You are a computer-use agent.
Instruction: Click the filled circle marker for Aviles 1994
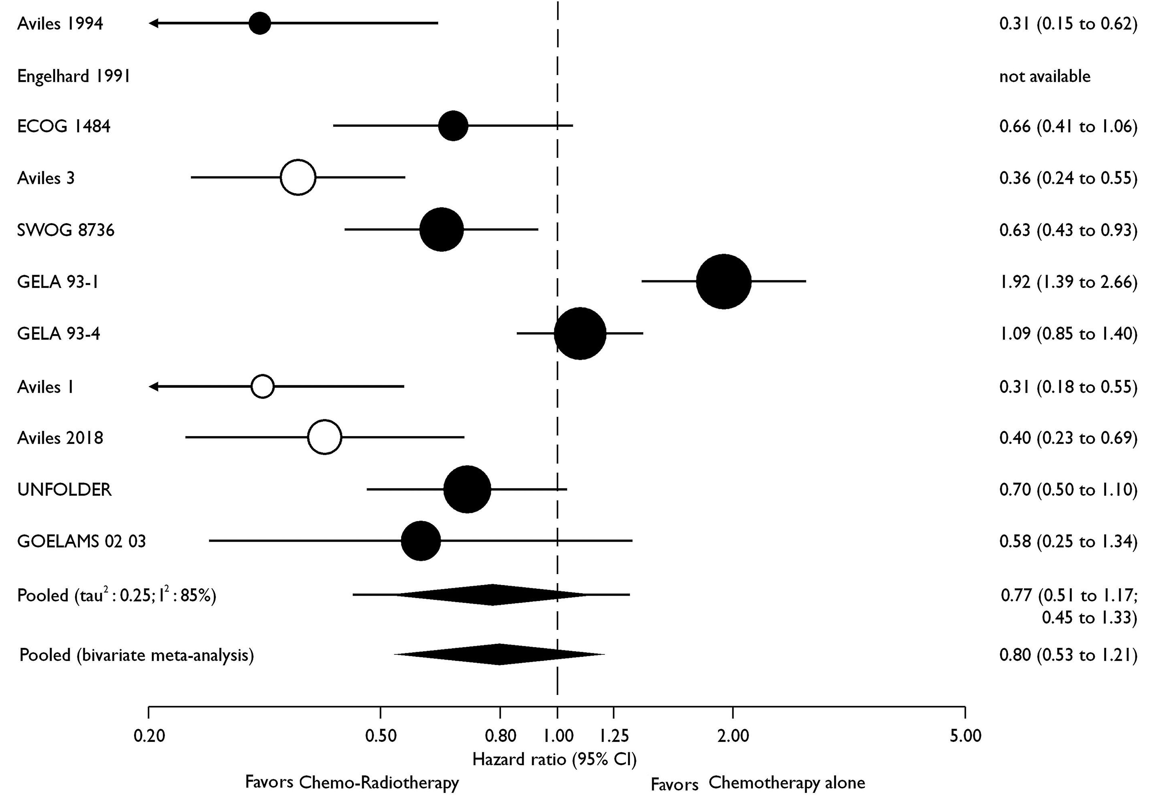[260, 23]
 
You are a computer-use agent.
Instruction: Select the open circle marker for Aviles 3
[298, 178]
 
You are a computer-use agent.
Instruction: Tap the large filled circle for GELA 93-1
[723, 281]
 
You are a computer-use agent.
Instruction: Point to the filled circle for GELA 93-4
[580, 333]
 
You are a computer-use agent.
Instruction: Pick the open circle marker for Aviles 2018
[325, 437]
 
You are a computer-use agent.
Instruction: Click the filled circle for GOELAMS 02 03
[421, 541]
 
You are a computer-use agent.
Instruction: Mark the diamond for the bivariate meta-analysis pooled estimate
[499, 654]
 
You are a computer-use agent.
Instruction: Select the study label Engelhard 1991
[74, 76]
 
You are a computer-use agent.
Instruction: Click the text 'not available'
[1044, 76]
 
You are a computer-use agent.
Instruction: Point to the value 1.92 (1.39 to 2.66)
[1068, 282]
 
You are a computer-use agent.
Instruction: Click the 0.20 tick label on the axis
[149, 736]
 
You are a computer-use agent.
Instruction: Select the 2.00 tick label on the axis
[733, 736]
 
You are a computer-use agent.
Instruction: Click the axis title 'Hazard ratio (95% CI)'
[554, 760]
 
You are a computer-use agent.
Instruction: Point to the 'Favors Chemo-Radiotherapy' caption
[352, 782]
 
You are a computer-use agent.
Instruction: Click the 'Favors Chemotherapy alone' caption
[758, 783]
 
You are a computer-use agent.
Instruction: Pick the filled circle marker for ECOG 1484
[454, 126]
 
